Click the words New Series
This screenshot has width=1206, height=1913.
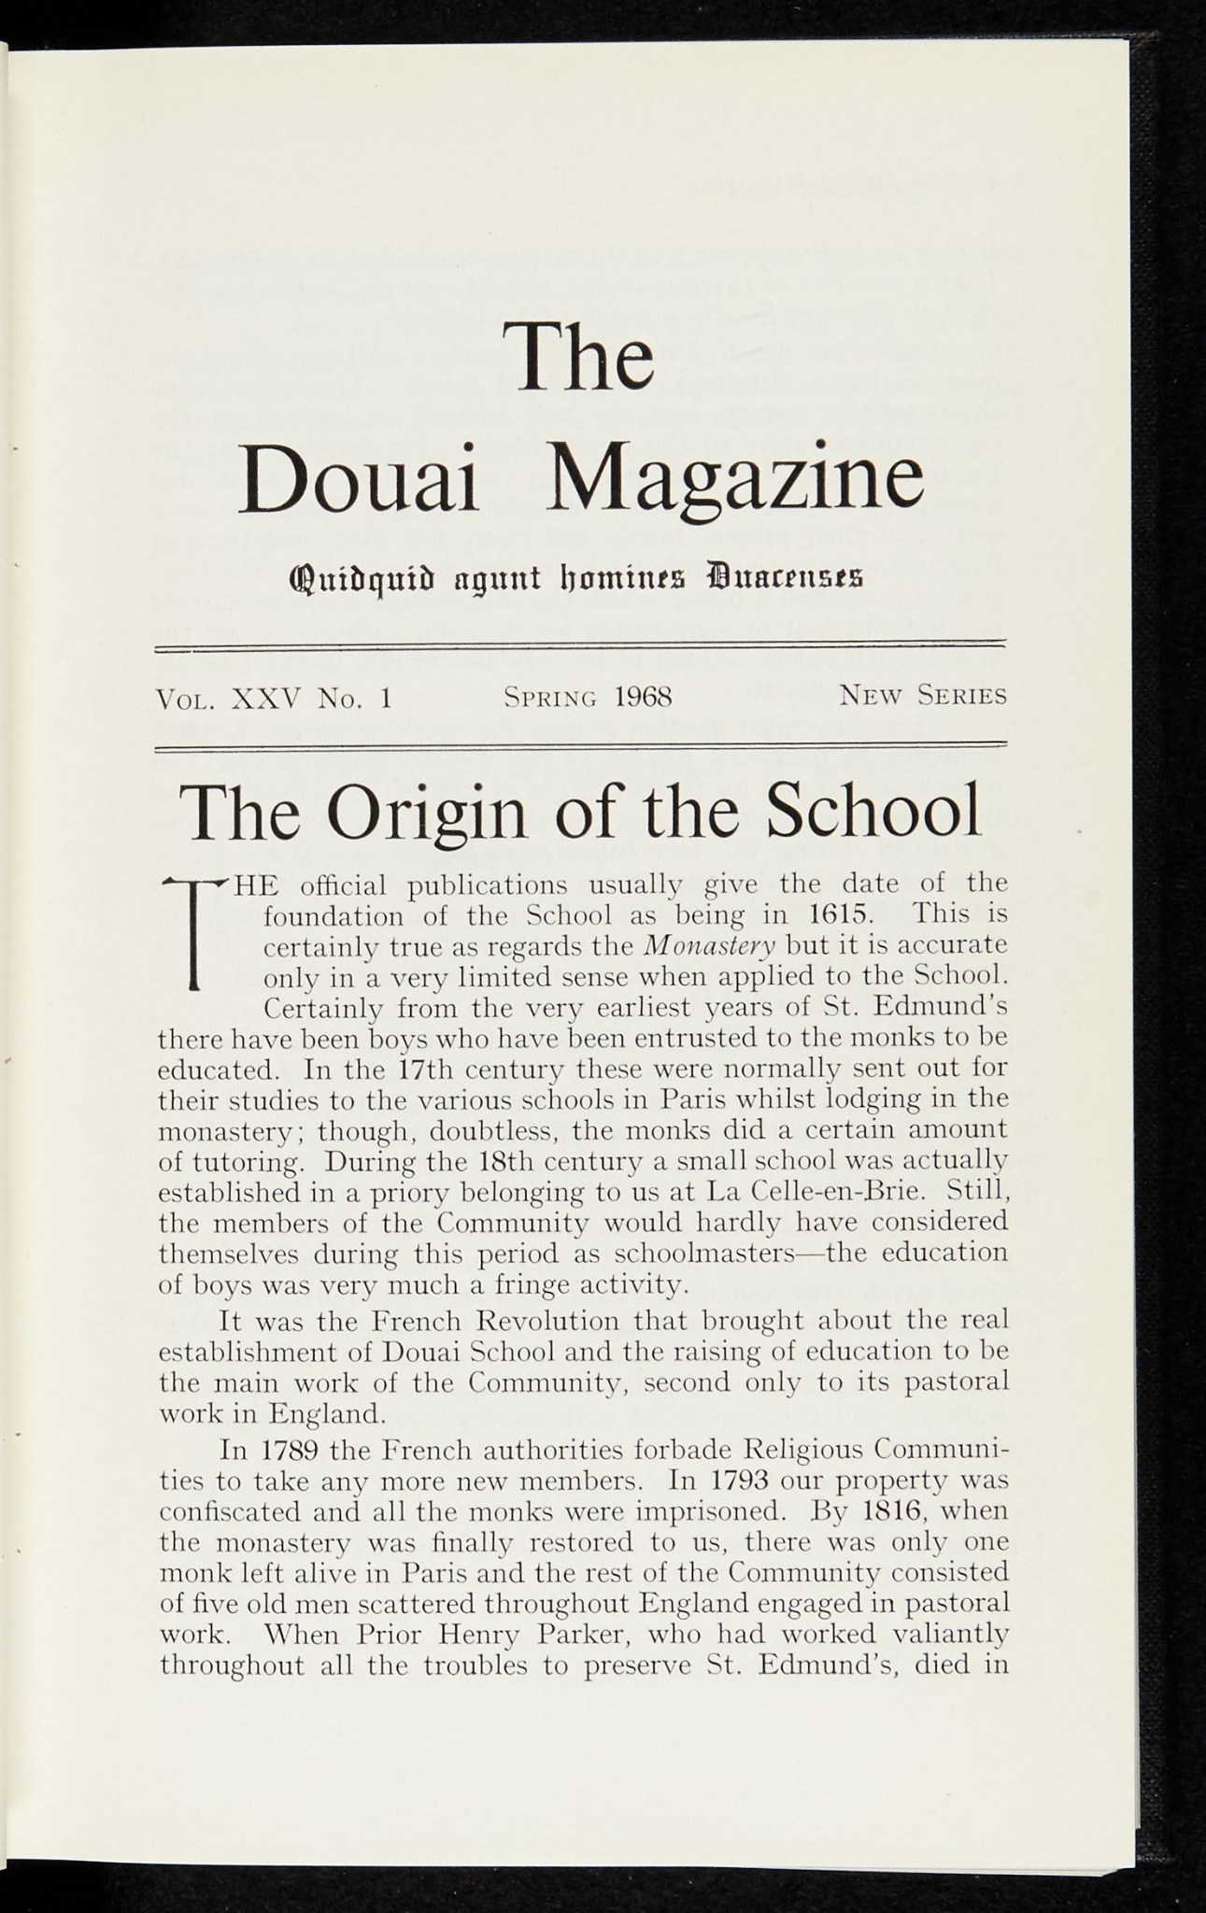click(923, 696)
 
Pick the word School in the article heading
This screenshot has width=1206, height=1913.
click(873, 811)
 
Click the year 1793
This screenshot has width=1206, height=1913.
click(739, 1481)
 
